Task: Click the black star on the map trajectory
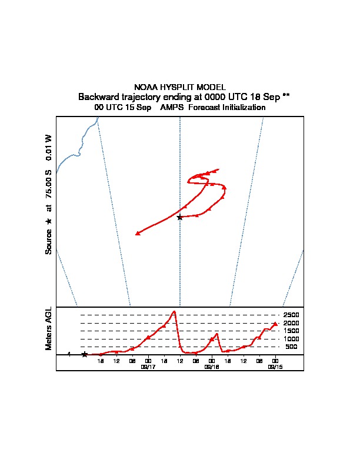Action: click(x=180, y=217)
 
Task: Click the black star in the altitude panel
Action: click(x=85, y=354)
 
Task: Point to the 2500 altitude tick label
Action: click(x=291, y=315)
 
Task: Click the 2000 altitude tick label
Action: click(x=291, y=323)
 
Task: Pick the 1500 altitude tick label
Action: click(x=291, y=331)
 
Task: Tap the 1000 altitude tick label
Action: click(x=291, y=339)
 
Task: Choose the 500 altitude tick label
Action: click(x=292, y=347)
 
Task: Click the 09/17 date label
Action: click(x=148, y=367)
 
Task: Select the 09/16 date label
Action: click(x=212, y=367)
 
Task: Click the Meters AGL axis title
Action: click(x=49, y=329)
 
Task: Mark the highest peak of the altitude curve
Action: click(x=174, y=311)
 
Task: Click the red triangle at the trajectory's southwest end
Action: click(x=138, y=234)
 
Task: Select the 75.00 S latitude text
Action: click(x=49, y=185)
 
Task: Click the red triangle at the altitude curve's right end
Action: click(x=275, y=324)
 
